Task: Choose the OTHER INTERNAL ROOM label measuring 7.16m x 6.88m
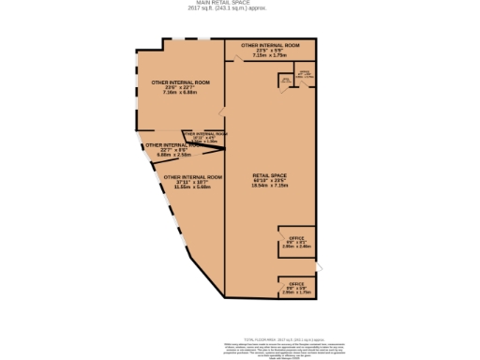[180, 82]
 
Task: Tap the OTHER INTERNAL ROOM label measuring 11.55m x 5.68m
[192, 176]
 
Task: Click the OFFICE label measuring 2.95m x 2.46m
[296, 239]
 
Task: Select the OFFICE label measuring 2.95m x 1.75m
[296, 283]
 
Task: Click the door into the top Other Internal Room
[240, 59]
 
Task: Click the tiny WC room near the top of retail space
[285, 82]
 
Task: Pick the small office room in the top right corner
[305, 75]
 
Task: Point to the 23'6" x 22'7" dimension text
[180, 88]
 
